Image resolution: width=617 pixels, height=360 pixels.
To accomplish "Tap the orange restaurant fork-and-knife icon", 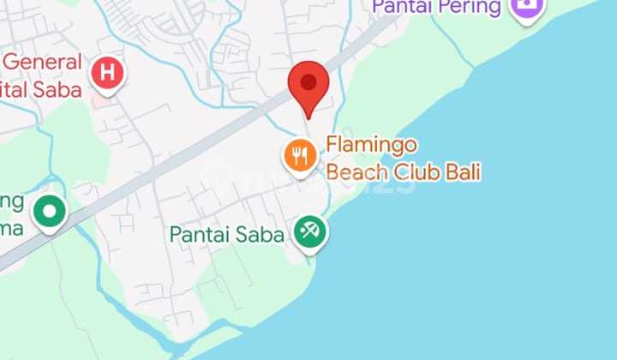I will [299, 155].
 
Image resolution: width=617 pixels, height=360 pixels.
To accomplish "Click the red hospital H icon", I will [106, 73].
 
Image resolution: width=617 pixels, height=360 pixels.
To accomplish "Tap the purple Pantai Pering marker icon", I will [521, 8].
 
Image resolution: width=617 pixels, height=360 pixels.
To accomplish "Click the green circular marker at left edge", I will [50, 210].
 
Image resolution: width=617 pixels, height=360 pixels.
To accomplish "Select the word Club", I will [416, 172].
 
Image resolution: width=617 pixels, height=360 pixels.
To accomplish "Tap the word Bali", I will [463, 172].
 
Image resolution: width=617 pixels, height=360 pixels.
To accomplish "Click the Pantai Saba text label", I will [226, 234].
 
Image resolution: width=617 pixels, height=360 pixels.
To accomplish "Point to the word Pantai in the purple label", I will [404, 8].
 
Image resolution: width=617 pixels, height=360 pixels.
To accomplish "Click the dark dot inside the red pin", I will [308, 83].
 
